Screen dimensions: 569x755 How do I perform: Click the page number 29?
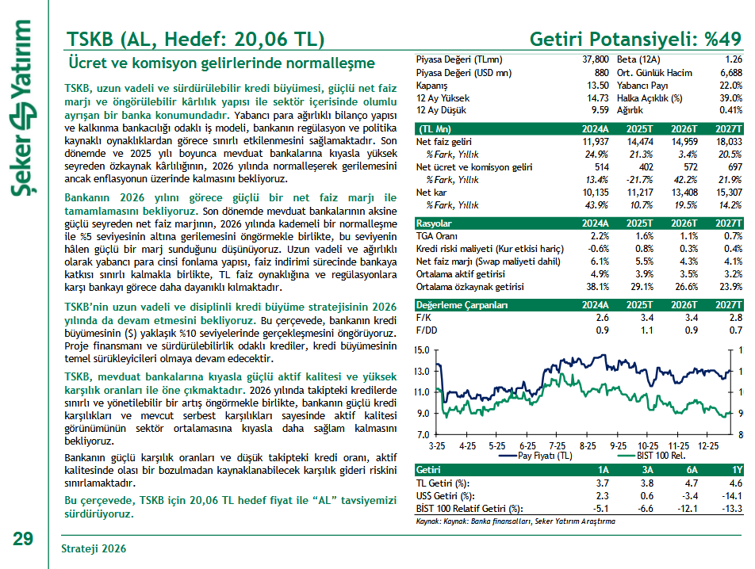(23, 538)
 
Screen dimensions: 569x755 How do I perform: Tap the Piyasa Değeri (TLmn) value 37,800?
(595, 60)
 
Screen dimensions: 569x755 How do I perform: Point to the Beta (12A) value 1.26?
(733, 60)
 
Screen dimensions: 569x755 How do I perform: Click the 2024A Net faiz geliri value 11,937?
(594, 142)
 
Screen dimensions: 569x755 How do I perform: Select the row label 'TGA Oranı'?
(439, 236)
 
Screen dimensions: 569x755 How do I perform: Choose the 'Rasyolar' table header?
(435, 223)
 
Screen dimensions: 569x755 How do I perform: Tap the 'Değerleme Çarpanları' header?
(461, 304)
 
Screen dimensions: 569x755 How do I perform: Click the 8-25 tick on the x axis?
(588, 447)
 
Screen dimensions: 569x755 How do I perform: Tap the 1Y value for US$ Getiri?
(731, 495)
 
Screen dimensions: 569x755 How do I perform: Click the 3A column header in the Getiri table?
(648, 470)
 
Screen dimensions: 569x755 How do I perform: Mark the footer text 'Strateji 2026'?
(94, 549)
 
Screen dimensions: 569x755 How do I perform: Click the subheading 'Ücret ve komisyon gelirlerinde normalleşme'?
(221, 63)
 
